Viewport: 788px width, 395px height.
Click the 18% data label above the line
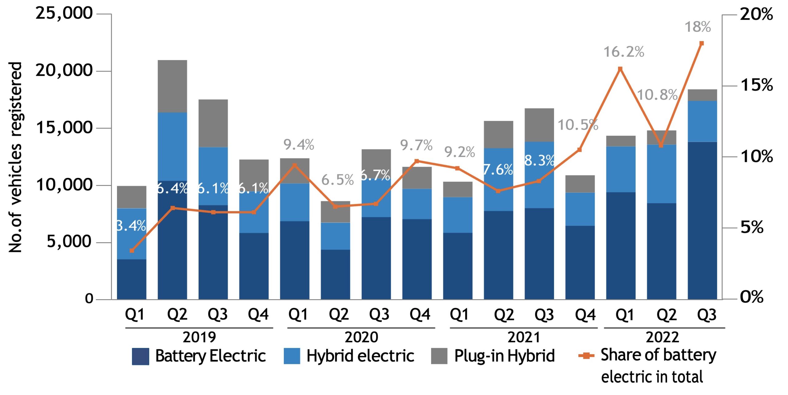click(x=698, y=27)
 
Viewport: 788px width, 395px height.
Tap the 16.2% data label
click(x=624, y=52)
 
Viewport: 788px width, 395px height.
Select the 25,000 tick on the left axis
click(x=64, y=13)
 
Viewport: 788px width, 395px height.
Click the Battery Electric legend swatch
click(x=140, y=356)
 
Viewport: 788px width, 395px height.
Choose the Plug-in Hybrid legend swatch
click(x=439, y=356)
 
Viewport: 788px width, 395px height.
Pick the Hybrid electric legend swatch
click(x=292, y=356)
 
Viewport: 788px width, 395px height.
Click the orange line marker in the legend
click(x=586, y=356)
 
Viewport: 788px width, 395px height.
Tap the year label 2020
click(x=361, y=337)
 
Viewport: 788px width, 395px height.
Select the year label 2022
click(x=662, y=337)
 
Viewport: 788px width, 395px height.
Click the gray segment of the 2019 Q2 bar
click(x=172, y=86)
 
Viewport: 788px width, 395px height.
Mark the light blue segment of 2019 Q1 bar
click(x=132, y=234)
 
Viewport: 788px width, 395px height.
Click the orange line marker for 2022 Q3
click(x=702, y=43)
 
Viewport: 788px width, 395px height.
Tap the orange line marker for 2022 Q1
click(x=620, y=69)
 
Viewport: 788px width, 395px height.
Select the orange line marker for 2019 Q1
click(x=132, y=251)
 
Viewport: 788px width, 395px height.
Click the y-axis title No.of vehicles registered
click(x=15, y=157)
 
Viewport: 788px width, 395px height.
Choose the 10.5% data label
click(x=578, y=125)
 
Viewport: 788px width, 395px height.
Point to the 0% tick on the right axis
click(x=752, y=297)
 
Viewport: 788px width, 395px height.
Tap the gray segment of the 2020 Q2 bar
click(x=335, y=212)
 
